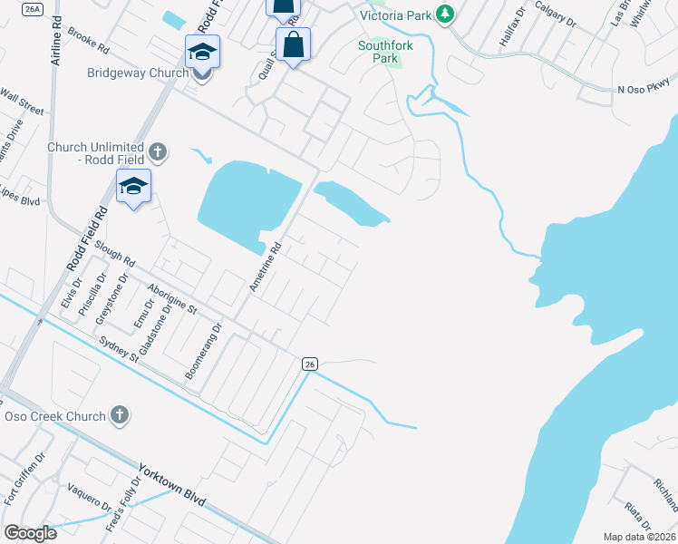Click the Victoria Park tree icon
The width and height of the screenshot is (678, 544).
pyautogui.click(x=444, y=14)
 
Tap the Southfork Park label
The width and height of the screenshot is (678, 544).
pyautogui.click(x=378, y=52)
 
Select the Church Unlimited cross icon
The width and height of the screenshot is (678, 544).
pyautogui.click(x=158, y=151)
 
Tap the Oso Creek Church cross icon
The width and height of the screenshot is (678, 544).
pyautogui.click(x=118, y=415)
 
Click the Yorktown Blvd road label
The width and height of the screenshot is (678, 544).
pyautogui.click(x=172, y=485)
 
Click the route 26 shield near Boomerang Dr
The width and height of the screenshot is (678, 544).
pyautogui.click(x=310, y=364)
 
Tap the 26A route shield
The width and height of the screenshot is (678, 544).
pyautogui.click(x=33, y=9)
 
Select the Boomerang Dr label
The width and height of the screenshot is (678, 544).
pyautogui.click(x=203, y=353)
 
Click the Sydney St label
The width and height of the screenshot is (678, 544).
pyautogui.click(x=119, y=348)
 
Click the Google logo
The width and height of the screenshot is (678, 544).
pyautogui.click(x=30, y=532)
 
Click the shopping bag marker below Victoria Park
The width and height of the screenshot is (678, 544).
pyautogui.click(x=294, y=45)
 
